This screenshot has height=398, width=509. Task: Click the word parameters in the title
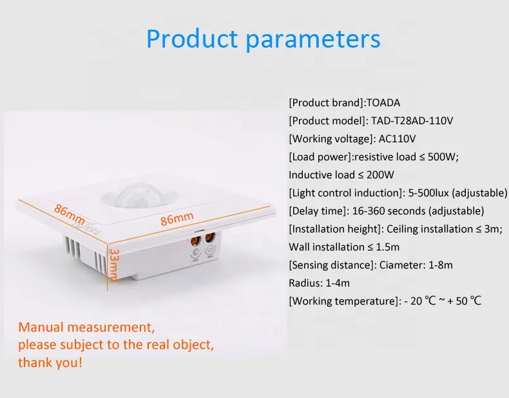click(x=313, y=39)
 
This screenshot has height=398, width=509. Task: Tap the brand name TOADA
click(x=387, y=102)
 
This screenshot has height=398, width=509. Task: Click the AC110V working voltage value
click(x=398, y=138)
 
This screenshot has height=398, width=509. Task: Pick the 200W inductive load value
click(x=379, y=175)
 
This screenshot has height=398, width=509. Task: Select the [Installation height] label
click(x=334, y=229)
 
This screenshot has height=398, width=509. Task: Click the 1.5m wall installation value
click(x=386, y=247)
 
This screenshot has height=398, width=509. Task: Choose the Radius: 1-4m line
click(x=318, y=283)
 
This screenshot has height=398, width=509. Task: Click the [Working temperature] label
click(x=341, y=301)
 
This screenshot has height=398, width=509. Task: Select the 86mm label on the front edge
click(x=177, y=219)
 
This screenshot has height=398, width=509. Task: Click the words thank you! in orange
click(x=50, y=363)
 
